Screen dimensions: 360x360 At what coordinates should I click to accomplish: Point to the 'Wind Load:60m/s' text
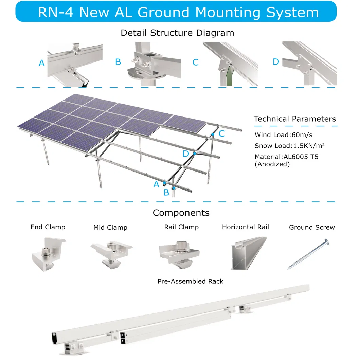click(283, 135)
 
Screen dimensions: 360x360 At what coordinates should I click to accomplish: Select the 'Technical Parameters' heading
click(295, 119)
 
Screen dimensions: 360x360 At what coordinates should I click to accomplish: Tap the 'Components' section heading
click(181, 213)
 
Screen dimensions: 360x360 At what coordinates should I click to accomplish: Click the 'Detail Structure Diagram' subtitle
click(177, 33)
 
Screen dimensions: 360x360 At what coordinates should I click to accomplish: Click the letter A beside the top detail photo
click(42, 63)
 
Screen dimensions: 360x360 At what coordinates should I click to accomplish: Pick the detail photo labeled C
click(230, 64)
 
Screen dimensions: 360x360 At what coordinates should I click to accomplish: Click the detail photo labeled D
click(309, 64)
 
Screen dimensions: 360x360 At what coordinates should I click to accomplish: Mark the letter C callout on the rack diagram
click(222, 134)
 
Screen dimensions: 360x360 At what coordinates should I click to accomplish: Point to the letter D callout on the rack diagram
click(185, 154)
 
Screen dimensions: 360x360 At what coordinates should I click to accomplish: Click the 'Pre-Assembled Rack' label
click(191, 281)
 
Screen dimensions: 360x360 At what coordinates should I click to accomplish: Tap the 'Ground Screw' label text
click(312, 227)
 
